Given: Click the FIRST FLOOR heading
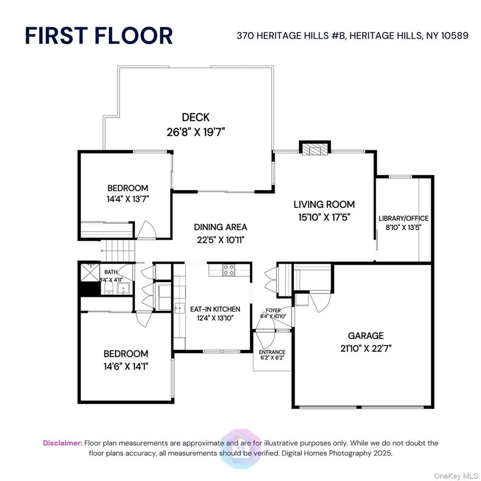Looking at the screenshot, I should [99, 36].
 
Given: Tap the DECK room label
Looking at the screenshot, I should [196, 117].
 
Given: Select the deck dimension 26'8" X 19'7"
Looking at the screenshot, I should [196, 132].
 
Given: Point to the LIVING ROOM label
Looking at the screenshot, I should [324, 204].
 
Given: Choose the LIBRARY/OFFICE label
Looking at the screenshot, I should [403, 218].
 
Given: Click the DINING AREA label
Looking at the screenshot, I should [220, 227].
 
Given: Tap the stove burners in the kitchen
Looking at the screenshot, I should [229, 270].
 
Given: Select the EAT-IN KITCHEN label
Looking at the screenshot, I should [215, 309].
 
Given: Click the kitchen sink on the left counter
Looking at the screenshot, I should [179, 308].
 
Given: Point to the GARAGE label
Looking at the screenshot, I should [366, 336].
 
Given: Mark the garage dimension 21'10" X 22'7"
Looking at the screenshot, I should [366, 348].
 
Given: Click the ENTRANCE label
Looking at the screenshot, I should [272, 352].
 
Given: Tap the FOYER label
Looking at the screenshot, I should [273, 310].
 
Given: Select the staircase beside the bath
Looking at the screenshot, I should [118, 250].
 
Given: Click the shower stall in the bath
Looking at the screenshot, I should [90, 272].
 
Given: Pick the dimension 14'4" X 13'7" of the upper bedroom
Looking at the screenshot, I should [128, 199].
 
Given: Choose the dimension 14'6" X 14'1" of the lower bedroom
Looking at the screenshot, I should [126, 366].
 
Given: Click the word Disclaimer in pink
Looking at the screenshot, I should [63, 443].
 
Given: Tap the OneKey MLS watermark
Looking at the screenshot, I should [456, 476].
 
